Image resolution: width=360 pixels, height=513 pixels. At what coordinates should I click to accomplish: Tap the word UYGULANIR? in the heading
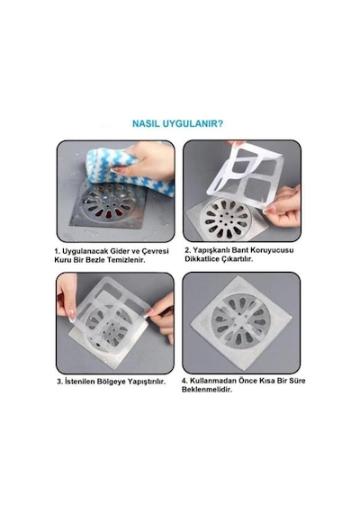pyautogui.click(x=193, y=124)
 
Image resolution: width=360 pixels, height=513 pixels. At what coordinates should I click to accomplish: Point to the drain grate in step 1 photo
pyautogui.click(x=109, y=202)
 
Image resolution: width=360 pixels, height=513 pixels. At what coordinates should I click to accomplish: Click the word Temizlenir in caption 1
pyautogui.click(x=126, y=260)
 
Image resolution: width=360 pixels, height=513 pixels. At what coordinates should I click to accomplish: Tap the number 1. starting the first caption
pyautogui.click(x=58, y=251)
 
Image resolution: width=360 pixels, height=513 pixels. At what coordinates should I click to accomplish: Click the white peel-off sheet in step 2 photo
pyautogui.click(x=245, y=177)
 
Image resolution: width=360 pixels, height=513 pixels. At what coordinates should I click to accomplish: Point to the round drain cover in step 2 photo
pyautogui.click(x=226, y=219)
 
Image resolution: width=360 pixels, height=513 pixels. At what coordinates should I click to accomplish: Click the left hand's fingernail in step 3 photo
pyautogui.click(x=71, y=315)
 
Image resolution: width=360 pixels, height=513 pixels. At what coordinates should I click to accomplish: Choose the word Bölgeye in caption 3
pyautogui.click(x=112, y=382)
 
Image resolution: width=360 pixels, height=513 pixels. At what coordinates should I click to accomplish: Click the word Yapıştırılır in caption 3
pyautogui.click(x=147, y=382)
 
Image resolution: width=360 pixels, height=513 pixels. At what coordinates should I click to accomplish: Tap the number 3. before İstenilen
pyautogui.click(x=60, y=382)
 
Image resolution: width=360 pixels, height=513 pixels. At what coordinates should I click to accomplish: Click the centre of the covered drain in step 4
pyautogui.click(x=241, y=321)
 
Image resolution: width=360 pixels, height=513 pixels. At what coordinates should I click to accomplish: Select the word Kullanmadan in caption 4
pyautogui.click(x=213, y=381)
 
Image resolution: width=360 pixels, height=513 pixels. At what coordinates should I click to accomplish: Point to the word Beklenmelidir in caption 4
pyautogui.click(x=207, y=390)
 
